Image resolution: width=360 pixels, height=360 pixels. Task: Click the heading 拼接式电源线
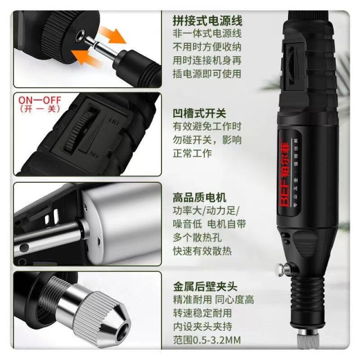208,20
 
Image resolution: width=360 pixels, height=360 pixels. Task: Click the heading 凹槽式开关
200,113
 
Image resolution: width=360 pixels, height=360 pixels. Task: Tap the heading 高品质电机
200,197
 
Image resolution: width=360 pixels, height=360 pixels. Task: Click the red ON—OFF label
39,101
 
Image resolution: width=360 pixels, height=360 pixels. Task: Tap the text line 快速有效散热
202,251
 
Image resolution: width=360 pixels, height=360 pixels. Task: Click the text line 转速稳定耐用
202,313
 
